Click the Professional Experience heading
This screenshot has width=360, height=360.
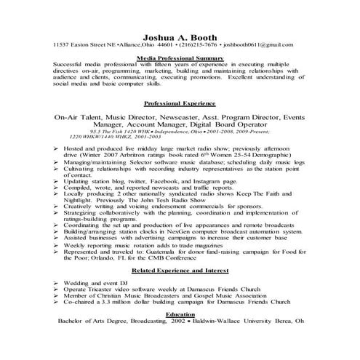click(x=180, y=103)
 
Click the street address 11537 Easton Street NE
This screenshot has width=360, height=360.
click(x=81, y=44)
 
